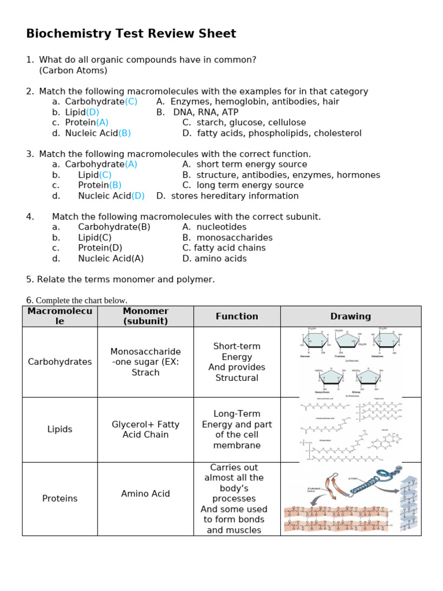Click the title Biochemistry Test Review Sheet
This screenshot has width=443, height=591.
point(131,34)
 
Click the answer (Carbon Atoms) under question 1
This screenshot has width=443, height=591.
point(73,70)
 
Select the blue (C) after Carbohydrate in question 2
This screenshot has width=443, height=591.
point(131,102)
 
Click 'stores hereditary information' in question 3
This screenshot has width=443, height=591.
point(235,196)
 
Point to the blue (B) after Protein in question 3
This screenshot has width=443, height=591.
point(115,185)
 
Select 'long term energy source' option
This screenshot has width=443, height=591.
point(250,185)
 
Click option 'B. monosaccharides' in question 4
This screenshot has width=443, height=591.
point(227,238)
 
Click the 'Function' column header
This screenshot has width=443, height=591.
point(236,316)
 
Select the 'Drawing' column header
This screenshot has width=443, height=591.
point(350,316)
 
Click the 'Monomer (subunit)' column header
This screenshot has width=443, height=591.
point(145,316)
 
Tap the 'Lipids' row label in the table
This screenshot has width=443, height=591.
point(59,429)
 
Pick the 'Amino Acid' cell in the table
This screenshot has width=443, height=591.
point(145,493)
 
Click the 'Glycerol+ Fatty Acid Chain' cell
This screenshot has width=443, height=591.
point(145,429)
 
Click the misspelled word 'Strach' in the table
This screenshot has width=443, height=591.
point(145,373)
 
